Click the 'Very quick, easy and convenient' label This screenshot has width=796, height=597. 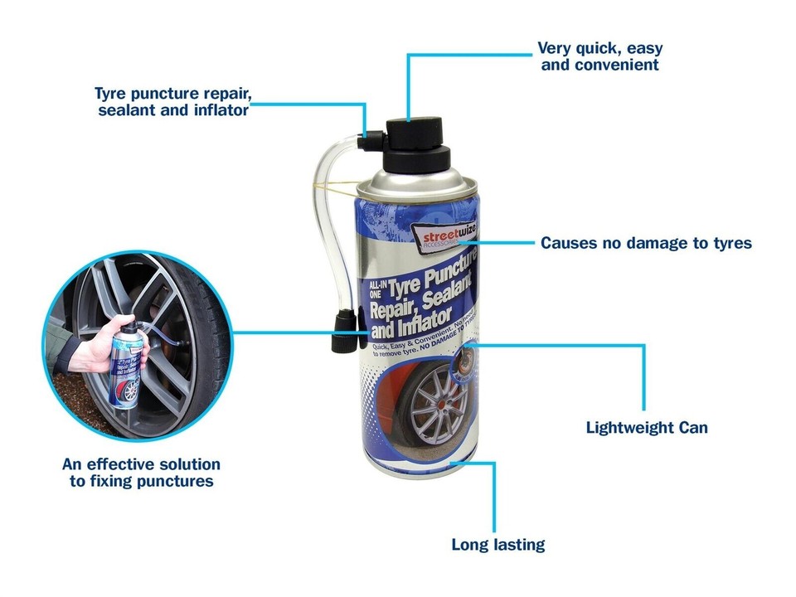(x=599, y=56)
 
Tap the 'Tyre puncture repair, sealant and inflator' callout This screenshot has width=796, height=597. (x=172, y=101)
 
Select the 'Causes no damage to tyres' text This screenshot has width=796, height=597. (x=646, y=244)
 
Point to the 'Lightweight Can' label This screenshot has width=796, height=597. (x=647, y=428)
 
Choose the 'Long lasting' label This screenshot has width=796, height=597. (x=498, y=545)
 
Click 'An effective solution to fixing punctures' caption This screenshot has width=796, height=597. (x=141, y=473)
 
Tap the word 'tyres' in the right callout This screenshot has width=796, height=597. (x=730, y=244)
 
